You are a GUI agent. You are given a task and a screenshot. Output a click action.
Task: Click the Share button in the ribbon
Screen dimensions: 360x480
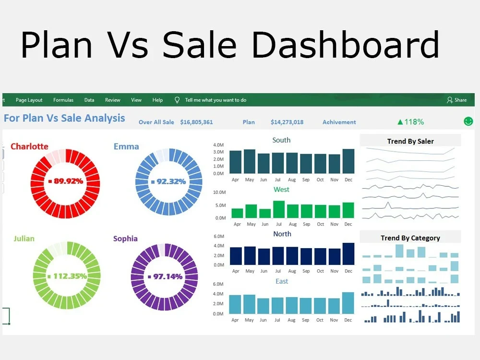click(456, 100)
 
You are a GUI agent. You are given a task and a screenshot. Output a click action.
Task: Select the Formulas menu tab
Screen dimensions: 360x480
click(63, 100)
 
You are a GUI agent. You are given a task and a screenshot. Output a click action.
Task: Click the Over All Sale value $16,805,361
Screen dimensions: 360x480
click(196, 122)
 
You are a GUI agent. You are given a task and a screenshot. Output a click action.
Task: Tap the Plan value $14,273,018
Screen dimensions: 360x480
click(287, 122)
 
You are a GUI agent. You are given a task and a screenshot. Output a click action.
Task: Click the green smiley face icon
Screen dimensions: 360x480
click(468, 121)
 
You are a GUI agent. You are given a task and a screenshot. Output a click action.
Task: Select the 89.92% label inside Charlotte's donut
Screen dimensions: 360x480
click(66, 181)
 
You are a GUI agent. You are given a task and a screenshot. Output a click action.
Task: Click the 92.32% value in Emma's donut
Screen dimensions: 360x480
click(168, 181)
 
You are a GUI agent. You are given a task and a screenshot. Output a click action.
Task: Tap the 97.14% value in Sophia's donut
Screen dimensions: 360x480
click(165, 276)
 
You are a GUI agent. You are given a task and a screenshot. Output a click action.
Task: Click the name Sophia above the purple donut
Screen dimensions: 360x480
click(125, 239)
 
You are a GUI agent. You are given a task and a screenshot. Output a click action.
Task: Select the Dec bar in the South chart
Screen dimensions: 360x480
click(348, 161)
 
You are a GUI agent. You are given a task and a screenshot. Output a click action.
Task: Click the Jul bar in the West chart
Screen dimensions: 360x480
click(279, 209)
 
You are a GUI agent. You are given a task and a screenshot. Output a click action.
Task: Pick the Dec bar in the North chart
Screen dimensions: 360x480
click(348, 254)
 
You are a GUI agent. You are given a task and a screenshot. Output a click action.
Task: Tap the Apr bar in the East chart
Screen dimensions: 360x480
click(235, 304)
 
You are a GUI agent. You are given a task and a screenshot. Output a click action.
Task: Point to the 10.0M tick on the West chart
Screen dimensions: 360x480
click(219, 192)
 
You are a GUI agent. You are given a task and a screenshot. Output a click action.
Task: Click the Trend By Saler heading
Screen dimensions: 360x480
click(410, 141)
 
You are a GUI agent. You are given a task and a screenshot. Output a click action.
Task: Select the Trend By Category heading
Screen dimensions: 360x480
click(410, 238)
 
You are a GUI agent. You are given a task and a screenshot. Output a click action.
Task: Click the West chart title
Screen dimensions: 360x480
click(281, 189)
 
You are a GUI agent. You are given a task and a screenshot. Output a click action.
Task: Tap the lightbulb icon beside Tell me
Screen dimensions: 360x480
click(177, 100)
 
